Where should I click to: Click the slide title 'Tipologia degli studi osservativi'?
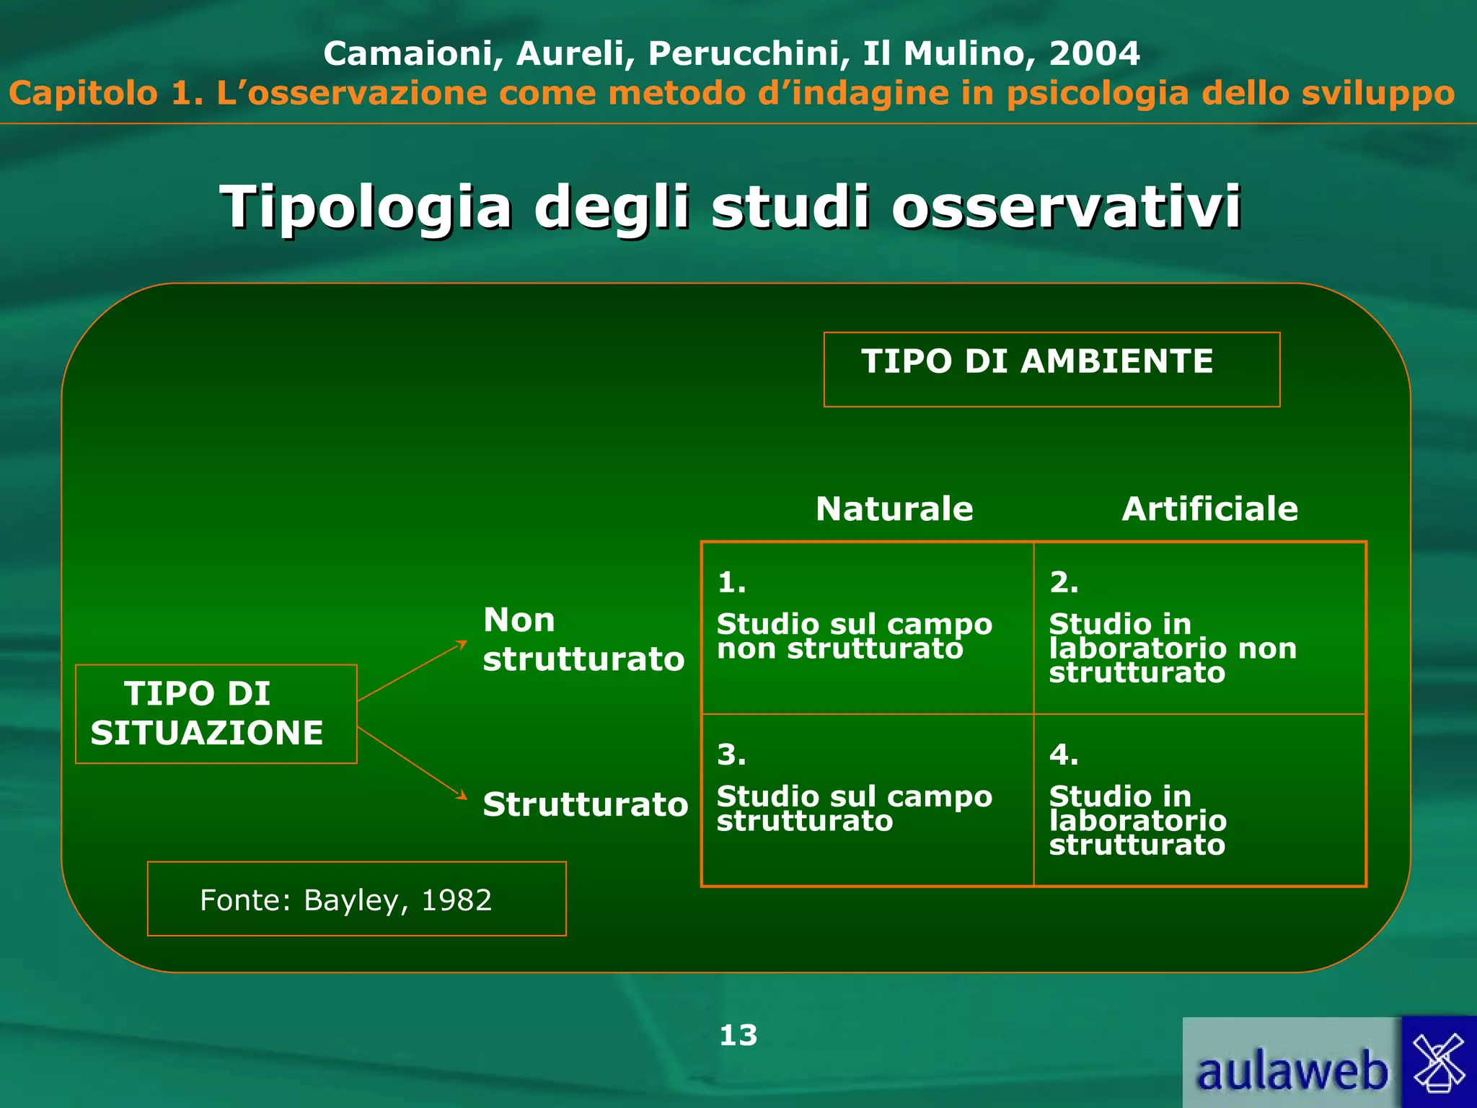point(730,208)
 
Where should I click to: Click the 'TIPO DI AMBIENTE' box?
point(1051,369)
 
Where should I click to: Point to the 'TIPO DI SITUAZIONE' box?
point(216,713)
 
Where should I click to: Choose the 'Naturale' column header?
point(894,509)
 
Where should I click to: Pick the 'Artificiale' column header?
point(1209,509)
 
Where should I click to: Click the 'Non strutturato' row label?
point(583,639)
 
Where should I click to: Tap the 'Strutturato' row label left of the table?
point(585,804)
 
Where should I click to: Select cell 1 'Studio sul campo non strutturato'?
point(867,628)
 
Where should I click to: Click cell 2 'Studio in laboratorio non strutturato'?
point(1199,628)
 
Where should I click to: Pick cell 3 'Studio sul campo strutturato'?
point(867,800)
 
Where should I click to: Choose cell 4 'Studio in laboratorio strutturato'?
point(1199,800)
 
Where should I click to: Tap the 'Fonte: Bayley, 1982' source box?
point(356,899)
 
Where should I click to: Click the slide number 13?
point(738,1035)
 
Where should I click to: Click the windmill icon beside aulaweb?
point(1439,1063)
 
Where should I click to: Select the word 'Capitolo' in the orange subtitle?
point(84,94)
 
